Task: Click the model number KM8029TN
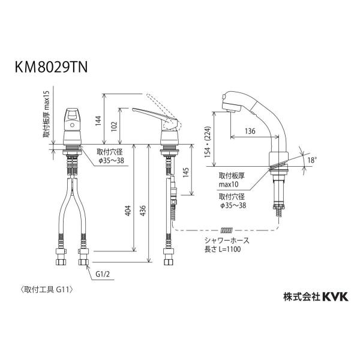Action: tap(51, 67)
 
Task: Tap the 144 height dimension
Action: tap(98, 121)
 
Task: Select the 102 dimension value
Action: tap(114, 126)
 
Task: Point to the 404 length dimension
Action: tap(128, 211)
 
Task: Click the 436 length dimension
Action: tap(143, 211)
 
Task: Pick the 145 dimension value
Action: tap(186, 172)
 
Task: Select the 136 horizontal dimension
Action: tap(250, 131)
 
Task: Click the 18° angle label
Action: tap(312, 160)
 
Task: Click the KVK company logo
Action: tap(335, 296)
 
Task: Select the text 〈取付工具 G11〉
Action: tap(47, 290)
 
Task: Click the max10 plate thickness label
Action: tap(229, 184)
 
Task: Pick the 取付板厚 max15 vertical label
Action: tap(46, 115)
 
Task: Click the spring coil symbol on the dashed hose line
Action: tap(227, 230)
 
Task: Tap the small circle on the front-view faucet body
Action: tap(72, 125)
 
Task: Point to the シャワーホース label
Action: tap(227, 241)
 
